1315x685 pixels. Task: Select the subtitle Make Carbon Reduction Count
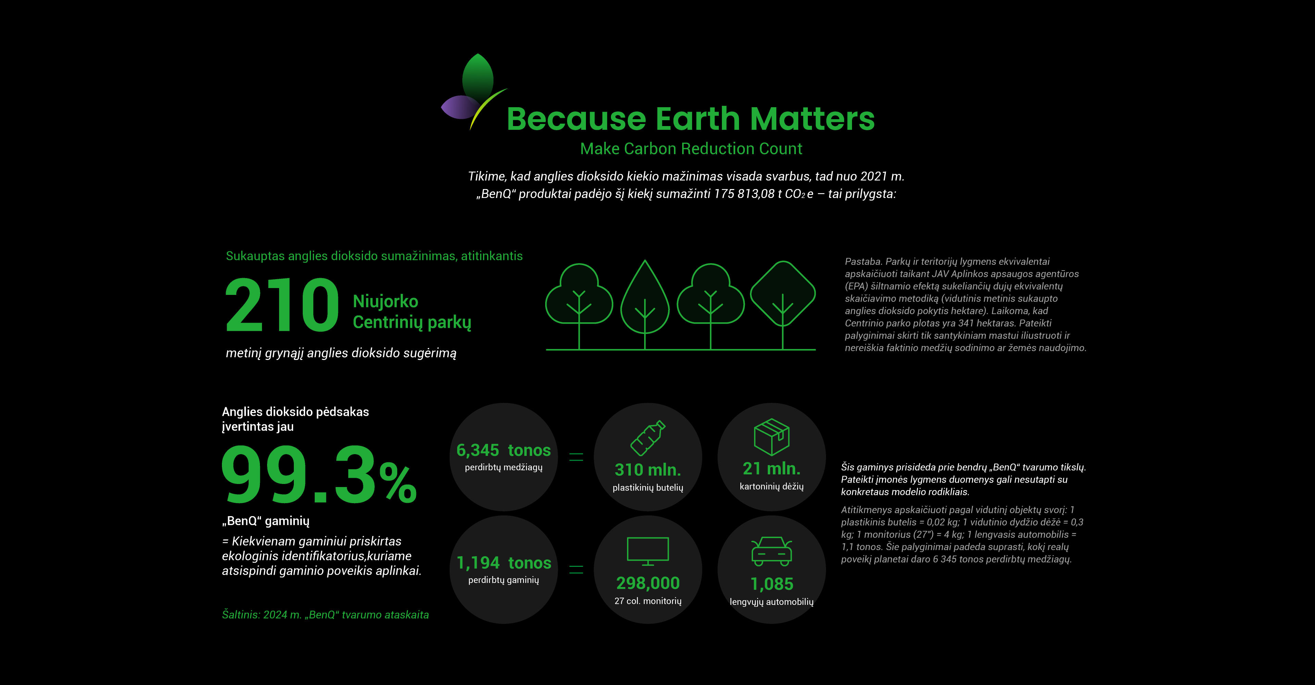click(691, 149)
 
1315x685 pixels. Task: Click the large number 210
click(282, 305)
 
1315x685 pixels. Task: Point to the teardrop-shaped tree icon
click(645, 305)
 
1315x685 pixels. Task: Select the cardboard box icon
click(771, 437)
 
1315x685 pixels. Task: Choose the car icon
click(771, 551)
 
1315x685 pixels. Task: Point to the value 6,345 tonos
click(503, 450)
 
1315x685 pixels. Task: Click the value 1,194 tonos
click(504, 562)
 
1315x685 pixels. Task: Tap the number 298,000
click(648, 583)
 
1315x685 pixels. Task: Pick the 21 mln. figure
click(771, 468)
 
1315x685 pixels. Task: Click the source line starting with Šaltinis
click(325, 614)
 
